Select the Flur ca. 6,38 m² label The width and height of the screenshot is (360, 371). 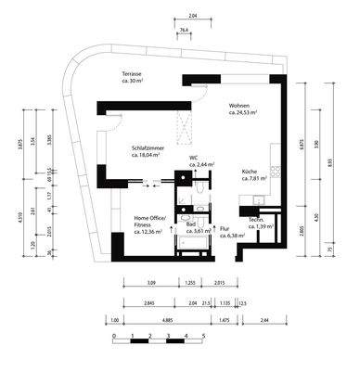(x=227, y=233)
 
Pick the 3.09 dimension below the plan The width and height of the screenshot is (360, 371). (x=152, y=282)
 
